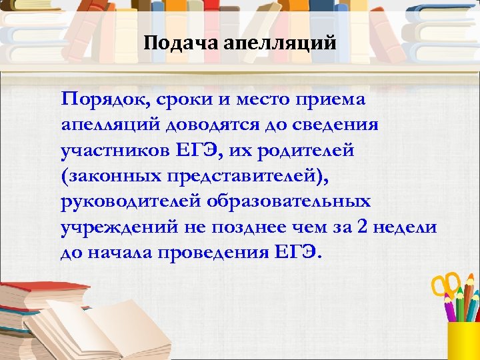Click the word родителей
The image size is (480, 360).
306,150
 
